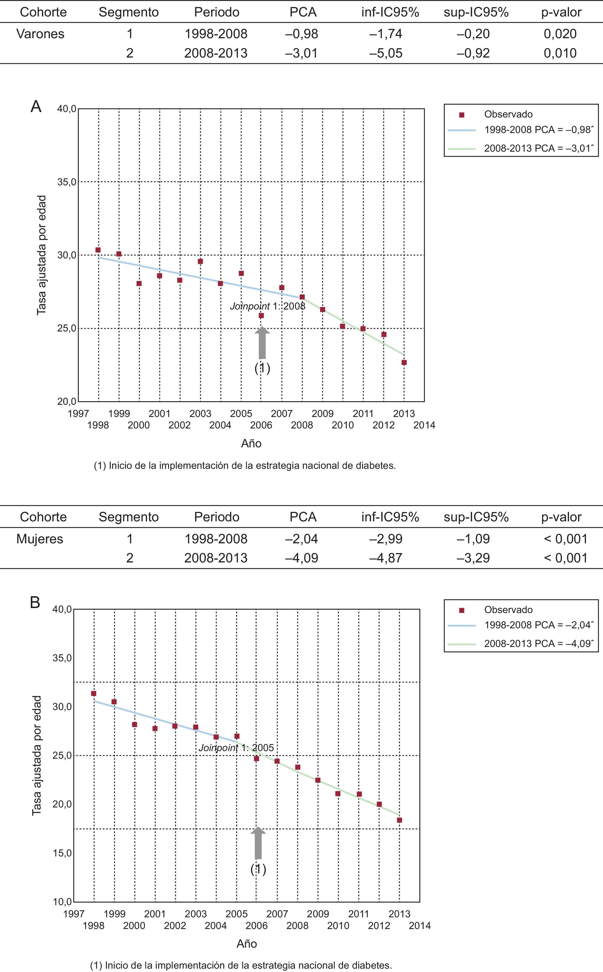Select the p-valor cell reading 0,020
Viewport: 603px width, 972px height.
pyautogui.click(x=560, y=34)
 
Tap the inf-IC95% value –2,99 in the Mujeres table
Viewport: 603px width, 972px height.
pyautogui.click(x=386, y=539)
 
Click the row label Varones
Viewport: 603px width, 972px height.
pyautogui.click(x=40, y=34)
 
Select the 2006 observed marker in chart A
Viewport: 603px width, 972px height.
pyautogui.click(x=261, y=315)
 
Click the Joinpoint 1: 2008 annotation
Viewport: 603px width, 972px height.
pyautogui.click(x=268, y=306)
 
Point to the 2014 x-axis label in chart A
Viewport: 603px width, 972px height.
pyautogui.click(x=424, y=425)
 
